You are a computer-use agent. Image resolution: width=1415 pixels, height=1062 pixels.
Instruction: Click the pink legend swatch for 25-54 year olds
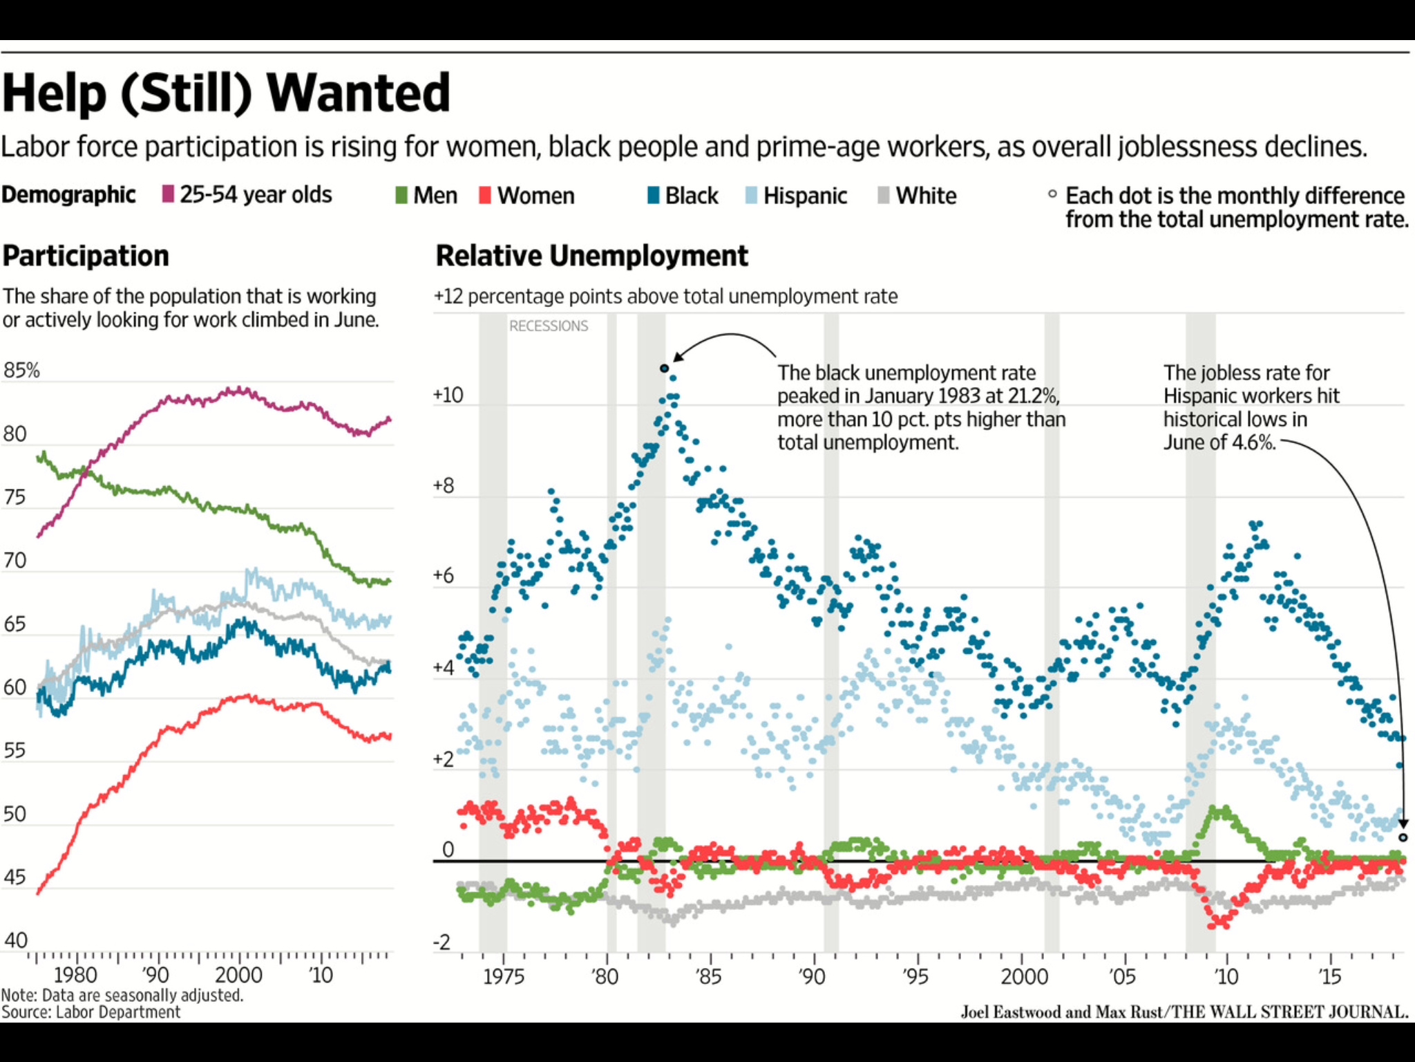coord(168,194)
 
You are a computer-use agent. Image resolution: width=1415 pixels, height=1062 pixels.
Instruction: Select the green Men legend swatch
coord(401,195)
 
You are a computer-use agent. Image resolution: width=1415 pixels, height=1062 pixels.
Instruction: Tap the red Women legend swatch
coord(485,195)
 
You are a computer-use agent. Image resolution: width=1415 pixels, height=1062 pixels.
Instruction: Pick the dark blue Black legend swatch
coord(653,195)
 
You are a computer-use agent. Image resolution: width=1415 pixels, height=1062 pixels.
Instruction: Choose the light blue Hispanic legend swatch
coord(752,195)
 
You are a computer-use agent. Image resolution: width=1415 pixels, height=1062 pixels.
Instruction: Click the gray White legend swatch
coord(883,195)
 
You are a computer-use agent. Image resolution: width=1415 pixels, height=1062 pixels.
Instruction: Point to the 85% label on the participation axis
coord(22,371)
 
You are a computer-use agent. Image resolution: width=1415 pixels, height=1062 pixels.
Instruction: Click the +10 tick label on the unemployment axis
coord(448,395)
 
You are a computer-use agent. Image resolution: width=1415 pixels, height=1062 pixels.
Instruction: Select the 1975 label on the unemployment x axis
coord(503,977)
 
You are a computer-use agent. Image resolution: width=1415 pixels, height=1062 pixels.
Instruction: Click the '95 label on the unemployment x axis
coord(915,977)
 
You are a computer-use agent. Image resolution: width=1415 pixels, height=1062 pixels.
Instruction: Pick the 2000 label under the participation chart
coord(238,975)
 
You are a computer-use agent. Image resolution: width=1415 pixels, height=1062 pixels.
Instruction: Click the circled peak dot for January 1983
coord(665,369)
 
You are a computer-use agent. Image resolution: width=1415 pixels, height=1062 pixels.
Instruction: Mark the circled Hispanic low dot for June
coord(1403,837)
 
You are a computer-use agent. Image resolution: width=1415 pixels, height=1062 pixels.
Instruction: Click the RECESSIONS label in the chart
coord(549,326)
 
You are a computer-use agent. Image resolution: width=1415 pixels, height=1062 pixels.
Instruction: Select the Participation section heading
coord(86,256)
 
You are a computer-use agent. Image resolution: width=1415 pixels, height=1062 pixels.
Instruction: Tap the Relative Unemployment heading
coord(591,256)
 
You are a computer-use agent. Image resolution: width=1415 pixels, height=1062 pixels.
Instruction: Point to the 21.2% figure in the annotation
coord(1029,396)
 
